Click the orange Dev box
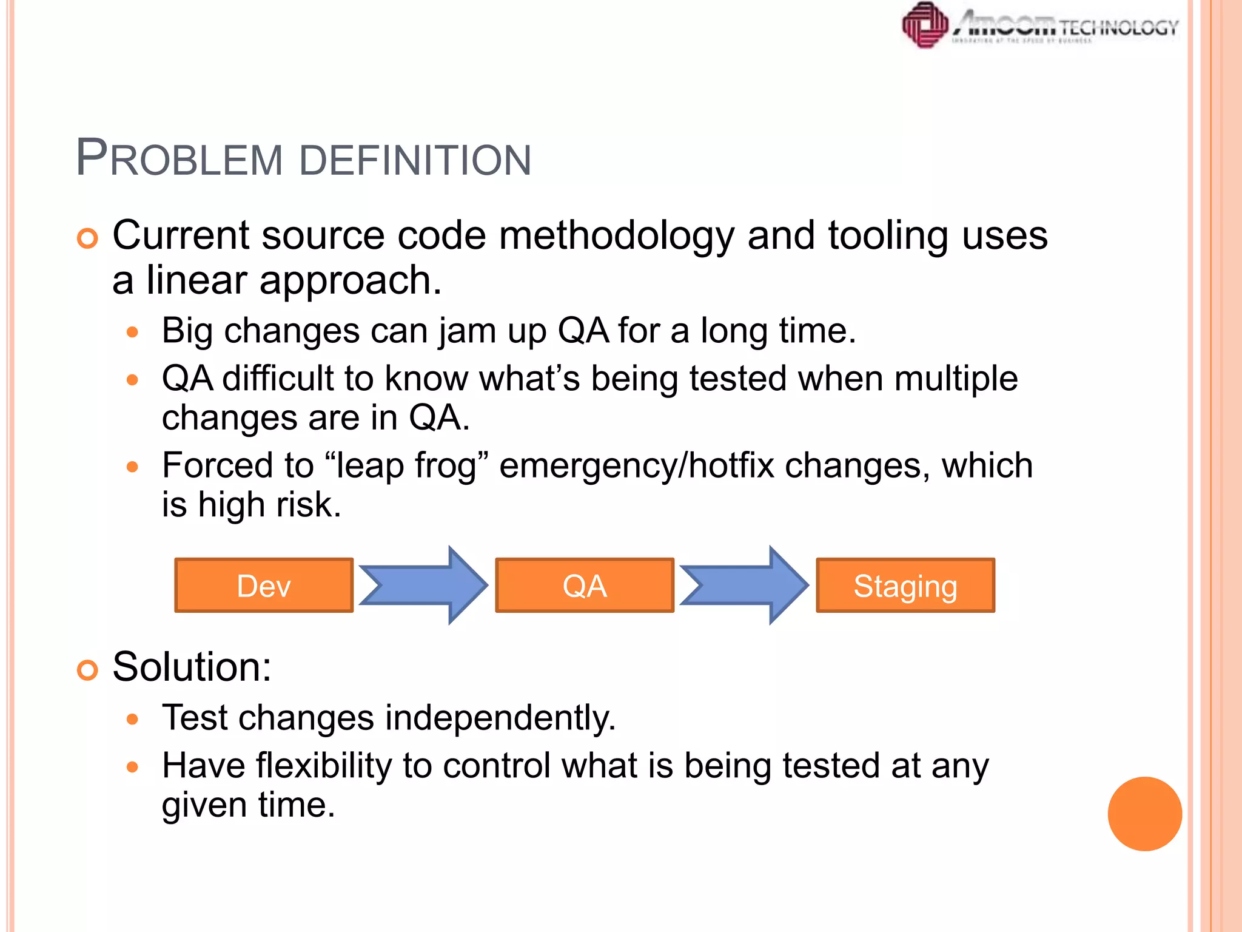click(x=264, y=586)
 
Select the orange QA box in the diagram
click(x=585, y=586)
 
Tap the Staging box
click(x=905, y=586)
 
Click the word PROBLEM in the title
click(x=179, y=160)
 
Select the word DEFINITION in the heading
click(x=415, y=161)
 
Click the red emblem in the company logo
click(x=925, y=25)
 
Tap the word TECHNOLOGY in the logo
click(x=1119, y=27)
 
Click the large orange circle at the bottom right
click(x=1144, y=814)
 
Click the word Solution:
click(x=192, y=667)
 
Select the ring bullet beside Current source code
click(x=87, y=238)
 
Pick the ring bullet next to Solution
click(x=87, y=670)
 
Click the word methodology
click(x=616, y=237)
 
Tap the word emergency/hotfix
click(x=637, y=466)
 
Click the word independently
click(x=500, y=718)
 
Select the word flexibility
click(x=324, y=766)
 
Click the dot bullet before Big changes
click(x=133, y=333)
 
